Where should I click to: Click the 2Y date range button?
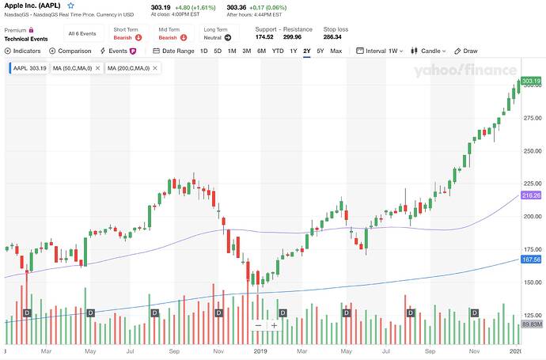pos(306,51)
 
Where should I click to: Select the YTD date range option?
pos(278,51)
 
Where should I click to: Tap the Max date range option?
pos(336,51)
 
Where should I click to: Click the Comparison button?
pos(71,51)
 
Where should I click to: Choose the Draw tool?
pos(466,51)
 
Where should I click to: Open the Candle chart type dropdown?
pos(433,51)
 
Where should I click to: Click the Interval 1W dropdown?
pos(384,51)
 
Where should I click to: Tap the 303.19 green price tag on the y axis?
pos(530,81)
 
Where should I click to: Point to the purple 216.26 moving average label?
pos(530,195)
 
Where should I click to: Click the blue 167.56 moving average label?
pos(530,260)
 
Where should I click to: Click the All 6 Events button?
pos(83,34)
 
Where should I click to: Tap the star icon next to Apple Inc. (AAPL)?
pos(70,6)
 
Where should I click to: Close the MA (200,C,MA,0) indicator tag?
pos(154,68)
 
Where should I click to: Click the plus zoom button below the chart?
pos(274,325)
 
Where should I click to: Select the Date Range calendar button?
pos(173,51)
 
